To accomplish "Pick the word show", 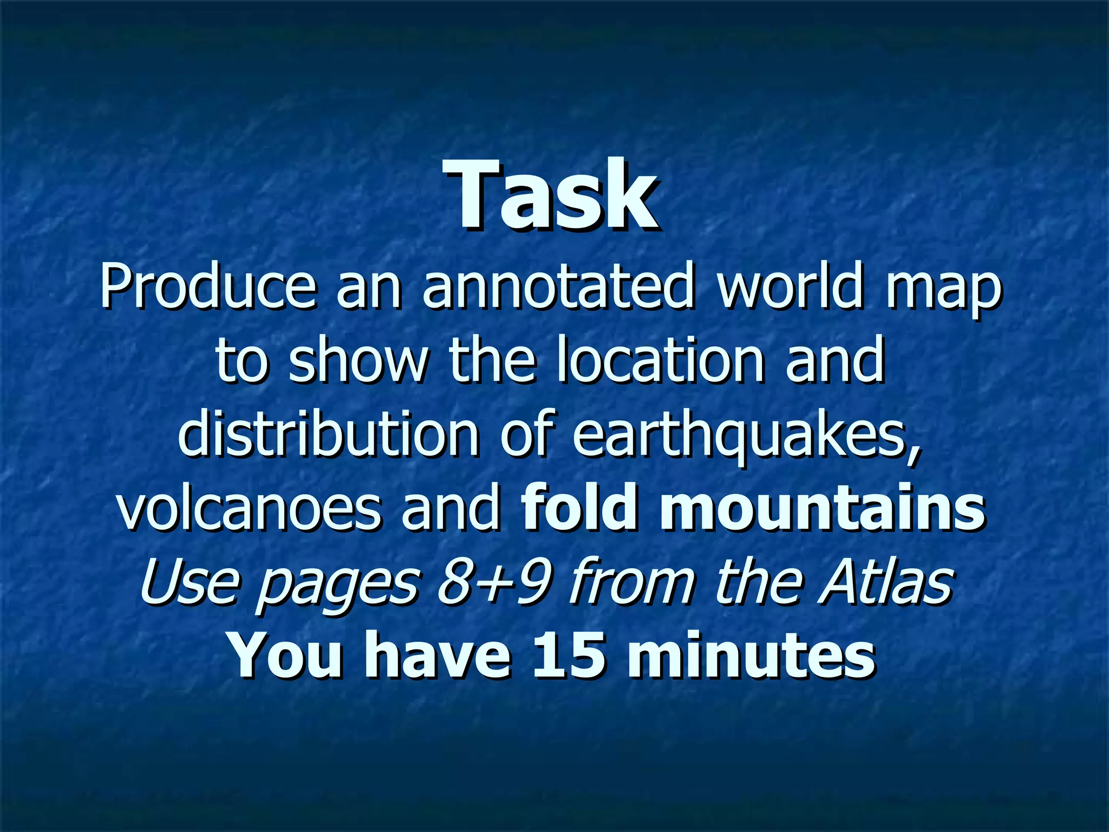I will point(357,360).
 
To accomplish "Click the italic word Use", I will point(190,582).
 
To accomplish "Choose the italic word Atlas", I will point(885,582).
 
